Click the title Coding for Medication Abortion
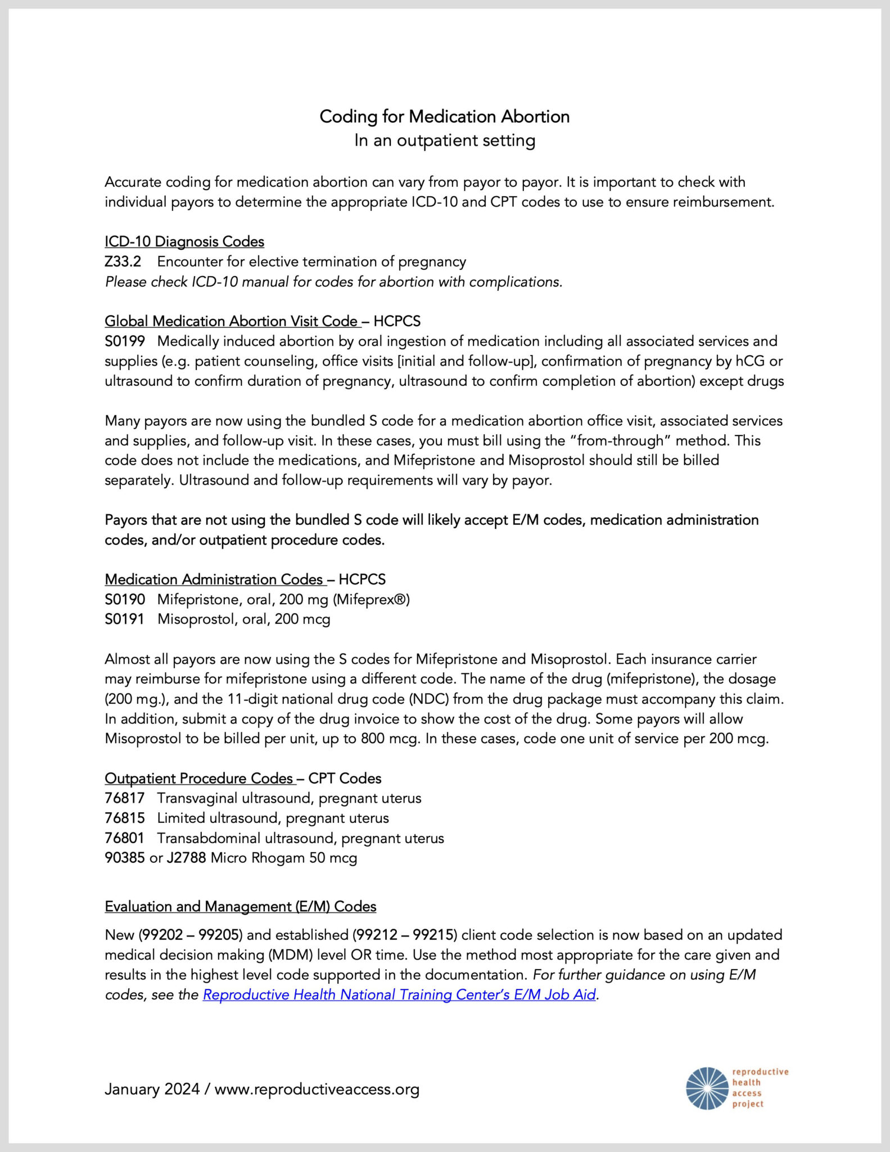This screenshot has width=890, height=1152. (444, 116)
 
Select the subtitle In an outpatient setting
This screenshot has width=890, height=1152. (444, 140)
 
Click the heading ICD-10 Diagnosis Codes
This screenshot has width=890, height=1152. (184, 241)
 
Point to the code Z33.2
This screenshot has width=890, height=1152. (123, 262)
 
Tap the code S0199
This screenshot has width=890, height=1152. (125, 341)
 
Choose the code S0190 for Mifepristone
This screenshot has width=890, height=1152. (125, 599)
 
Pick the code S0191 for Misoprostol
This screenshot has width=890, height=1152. (124, 619)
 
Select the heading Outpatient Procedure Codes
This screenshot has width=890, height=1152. (200, 778)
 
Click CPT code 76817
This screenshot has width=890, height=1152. (125, 798)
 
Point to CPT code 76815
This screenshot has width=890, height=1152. (125, 818)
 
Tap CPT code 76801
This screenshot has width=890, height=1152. (125, 838)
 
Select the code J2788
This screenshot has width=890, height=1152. (186, 858)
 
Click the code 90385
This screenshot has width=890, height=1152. (125, 858)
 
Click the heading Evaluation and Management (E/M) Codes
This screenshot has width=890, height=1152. (241, 906)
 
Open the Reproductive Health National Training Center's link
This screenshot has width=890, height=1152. (399, 994)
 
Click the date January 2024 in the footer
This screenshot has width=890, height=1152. (152, 1089)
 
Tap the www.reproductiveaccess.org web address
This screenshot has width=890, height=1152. (317, 1089)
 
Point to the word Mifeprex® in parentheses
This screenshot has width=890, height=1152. (372, 599)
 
